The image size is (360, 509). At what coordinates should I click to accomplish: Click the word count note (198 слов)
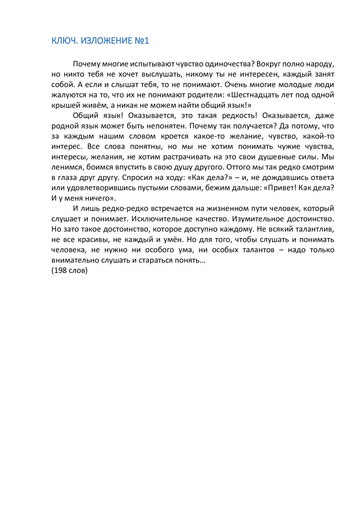tap(69, 271)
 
